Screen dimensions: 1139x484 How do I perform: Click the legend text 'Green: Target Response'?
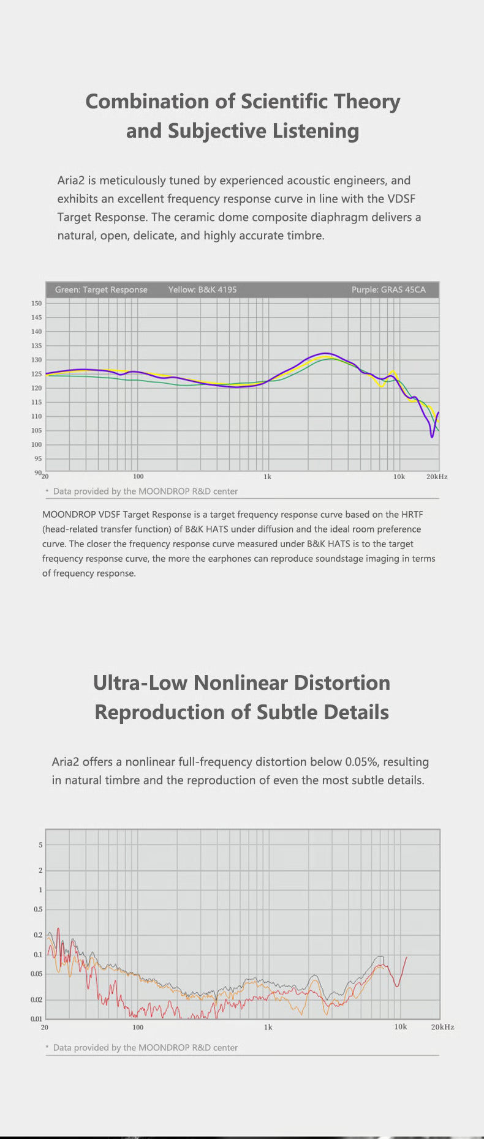[101, 289]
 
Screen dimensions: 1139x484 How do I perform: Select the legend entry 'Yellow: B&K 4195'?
[202, 289]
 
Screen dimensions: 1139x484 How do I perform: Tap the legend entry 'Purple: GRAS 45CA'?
[388, 289]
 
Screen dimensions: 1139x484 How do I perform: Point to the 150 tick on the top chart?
[36, 303]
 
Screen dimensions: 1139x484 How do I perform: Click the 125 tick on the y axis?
[36, 374]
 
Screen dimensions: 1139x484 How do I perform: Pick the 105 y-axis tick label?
[36, 430]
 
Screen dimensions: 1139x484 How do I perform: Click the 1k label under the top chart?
[267, 476]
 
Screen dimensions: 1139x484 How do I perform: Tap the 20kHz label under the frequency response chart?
[437, 476]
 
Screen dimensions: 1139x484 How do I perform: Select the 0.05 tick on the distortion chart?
[37, 974]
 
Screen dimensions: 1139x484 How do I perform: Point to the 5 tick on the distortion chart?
[40, 845]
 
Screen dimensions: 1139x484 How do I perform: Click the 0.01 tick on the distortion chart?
[37, 1018]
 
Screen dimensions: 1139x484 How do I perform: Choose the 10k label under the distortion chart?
[400, 1026]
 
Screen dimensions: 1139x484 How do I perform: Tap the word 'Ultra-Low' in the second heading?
[140, 682]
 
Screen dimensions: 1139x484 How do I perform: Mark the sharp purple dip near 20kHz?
[432, 436]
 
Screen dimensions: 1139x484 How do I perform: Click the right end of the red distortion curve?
[406, 957]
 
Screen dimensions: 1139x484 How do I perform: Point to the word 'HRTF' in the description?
[412, 514]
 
